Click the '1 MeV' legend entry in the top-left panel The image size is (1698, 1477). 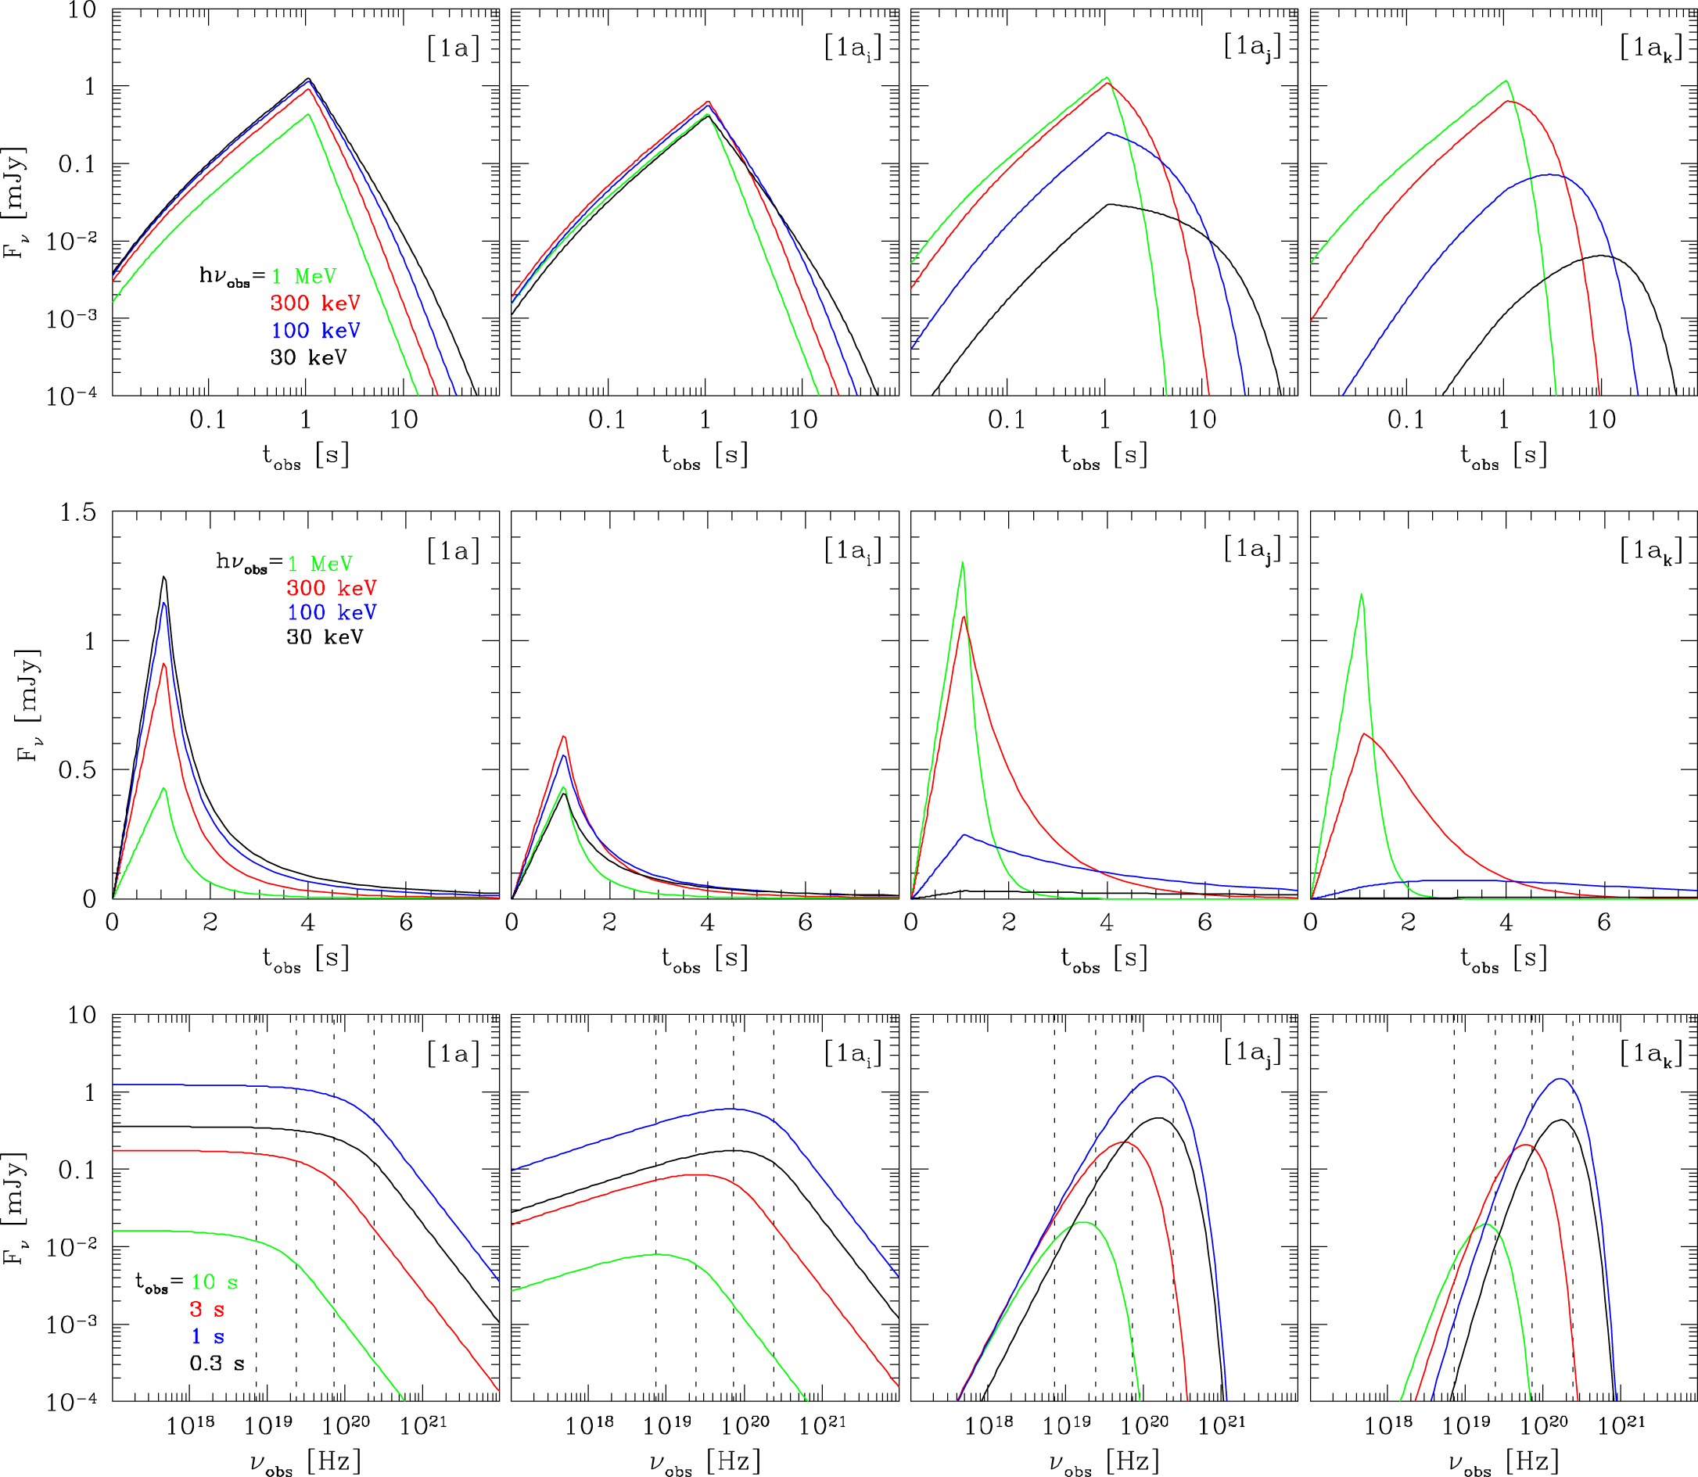pos(303,276)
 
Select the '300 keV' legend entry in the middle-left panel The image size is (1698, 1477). pos(332,588)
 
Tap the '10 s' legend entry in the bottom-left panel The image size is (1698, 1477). pos(214,1282)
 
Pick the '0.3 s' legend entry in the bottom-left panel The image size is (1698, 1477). pos(217,1364)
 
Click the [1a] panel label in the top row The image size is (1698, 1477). pos(453,48)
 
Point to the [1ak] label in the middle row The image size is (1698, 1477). pos(1650,550)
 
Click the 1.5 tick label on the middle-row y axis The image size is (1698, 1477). pos(77,513)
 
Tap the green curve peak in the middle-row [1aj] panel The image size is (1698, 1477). pos(963,563)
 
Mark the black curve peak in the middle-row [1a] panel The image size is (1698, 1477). pos(164,577)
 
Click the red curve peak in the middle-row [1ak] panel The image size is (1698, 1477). pos(1365,733)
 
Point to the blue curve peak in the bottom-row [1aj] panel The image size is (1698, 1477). pos(1158,1077)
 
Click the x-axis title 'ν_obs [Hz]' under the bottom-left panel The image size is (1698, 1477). pos(305,1462)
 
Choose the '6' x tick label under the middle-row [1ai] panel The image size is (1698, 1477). pos(805,923)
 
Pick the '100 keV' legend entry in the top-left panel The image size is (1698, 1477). pos(316,331)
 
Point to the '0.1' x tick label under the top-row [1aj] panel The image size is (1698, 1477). pos(1006,420)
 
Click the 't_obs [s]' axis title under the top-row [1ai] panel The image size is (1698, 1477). pos(705,456)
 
